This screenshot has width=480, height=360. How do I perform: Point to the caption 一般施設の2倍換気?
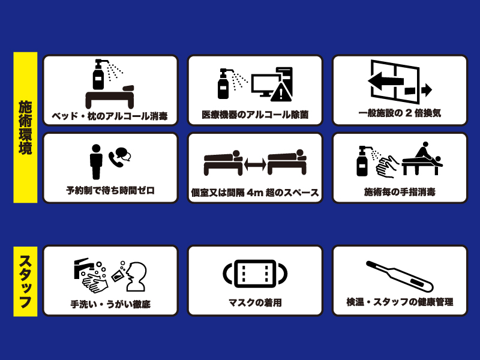point(400,113)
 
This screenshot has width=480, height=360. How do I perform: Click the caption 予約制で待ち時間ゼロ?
point(110,191)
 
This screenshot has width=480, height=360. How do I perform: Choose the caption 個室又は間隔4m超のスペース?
point(255,193)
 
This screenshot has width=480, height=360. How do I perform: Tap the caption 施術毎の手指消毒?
point(400,192)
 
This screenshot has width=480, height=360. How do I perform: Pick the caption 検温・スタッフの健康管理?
point(400,302)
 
